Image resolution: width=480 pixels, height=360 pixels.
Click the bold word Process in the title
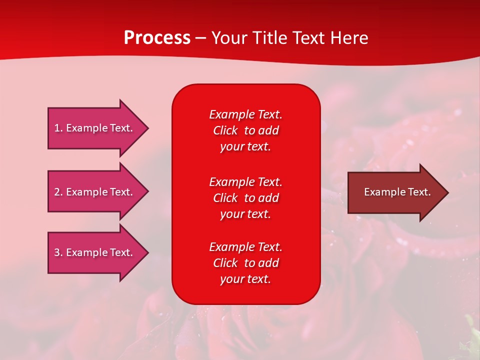pos(157,38)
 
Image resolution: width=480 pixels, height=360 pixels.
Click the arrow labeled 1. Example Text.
pos(95,128)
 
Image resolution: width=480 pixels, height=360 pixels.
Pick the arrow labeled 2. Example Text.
pos(95,192)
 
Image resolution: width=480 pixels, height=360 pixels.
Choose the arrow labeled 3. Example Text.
pos(95,252)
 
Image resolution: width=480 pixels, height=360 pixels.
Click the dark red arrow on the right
pos(395,192)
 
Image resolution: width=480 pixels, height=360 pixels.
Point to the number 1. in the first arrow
pos(58,128)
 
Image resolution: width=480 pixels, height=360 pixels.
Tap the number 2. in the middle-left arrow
pos(58,192)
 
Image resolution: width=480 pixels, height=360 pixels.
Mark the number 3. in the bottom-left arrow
pos(58,252)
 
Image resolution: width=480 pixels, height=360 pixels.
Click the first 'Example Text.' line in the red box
pos(245,114)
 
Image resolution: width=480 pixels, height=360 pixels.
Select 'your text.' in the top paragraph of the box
pos(245,146)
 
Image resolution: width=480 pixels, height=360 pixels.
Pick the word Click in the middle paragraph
pos(225,198)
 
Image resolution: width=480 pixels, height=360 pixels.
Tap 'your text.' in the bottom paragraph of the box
pos(245,279)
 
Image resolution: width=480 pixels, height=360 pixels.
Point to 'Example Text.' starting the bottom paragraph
pos(245,247)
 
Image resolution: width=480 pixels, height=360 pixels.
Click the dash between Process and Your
pos(200,38)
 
